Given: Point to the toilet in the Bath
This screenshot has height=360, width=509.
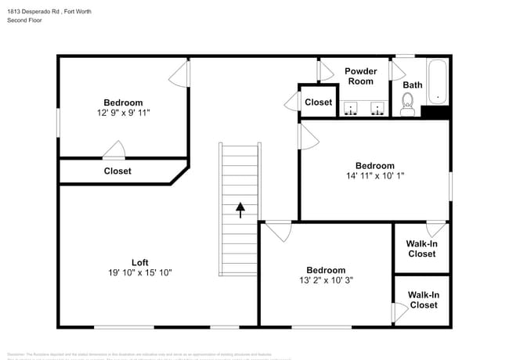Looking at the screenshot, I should point(407,104).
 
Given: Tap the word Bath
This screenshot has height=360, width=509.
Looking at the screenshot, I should point(413,85).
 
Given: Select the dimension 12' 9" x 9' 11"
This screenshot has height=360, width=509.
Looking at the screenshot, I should point(123,113).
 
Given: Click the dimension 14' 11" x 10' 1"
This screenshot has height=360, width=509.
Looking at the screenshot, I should point(374,176).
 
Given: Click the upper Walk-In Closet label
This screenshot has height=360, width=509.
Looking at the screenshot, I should point(421,249).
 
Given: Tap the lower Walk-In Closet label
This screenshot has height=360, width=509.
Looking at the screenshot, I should point(424,300).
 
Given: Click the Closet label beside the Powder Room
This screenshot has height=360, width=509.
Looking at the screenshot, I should point(319,103).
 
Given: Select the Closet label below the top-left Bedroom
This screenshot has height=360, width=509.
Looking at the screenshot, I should point(117,171).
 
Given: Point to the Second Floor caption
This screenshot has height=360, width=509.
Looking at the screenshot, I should point(26,20).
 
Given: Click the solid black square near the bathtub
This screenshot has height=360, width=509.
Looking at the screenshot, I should point(435,112).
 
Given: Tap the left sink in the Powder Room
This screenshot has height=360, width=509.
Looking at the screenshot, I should point(352,107).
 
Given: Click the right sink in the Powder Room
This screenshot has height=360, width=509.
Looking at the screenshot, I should point(377,107).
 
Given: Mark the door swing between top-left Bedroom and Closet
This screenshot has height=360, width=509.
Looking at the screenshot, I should point(114,150).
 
